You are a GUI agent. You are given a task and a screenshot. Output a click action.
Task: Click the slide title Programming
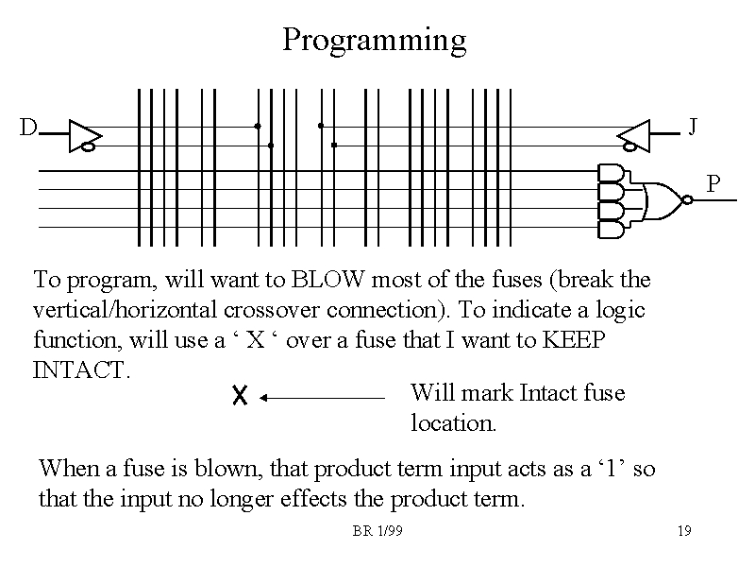tap(375, 41)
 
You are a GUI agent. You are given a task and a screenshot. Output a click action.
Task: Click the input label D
tap(29, 127)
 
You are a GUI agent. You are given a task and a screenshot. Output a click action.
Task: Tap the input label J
tap(693, 126)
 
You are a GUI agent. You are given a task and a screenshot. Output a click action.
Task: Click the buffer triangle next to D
tap(86, 135)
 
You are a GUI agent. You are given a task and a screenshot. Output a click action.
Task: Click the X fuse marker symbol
tap(239, 398)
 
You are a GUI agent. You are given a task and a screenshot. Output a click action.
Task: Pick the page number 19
tap(684, 531)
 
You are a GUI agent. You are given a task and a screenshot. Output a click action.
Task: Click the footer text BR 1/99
tap(377, 531)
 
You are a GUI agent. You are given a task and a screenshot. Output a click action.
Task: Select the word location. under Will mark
tap(454, 423)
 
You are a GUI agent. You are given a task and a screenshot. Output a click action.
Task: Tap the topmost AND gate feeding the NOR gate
tap(611, 173)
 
